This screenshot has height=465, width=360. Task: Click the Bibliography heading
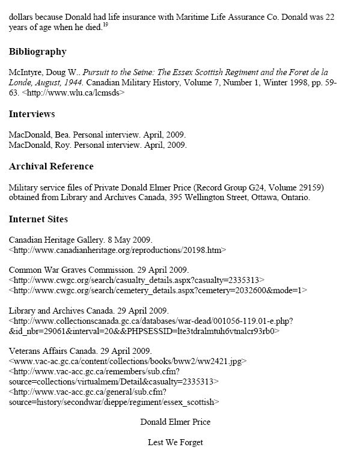click(x=37, y=52)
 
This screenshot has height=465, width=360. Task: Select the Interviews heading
click(x=32, y=114)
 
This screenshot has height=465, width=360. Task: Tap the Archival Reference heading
click(x=51, y=166)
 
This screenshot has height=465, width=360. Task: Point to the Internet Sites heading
click(x=38, y=219)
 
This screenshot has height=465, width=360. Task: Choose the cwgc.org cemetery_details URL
click(x=158, y=290)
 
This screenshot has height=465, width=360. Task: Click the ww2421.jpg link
click(x=129, y=361)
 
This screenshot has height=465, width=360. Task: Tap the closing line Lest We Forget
click(x=175, y=442)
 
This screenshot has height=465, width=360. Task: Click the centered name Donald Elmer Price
click(x=175, y=422)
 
